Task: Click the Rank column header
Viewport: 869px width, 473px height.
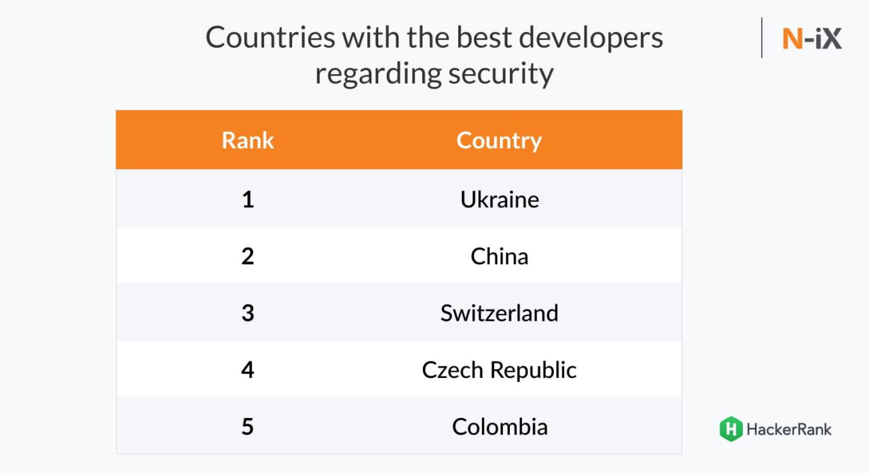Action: coord(248,140)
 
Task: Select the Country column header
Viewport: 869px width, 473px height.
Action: coord(499,140)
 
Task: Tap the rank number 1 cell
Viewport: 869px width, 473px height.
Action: coord(248,199)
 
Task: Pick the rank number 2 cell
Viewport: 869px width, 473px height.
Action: coord(248,256)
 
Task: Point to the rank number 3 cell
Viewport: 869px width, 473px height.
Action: coord(248,313)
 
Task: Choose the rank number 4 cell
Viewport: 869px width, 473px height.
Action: coord(248,370)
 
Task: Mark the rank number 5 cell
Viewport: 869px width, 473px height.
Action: coord(248,427)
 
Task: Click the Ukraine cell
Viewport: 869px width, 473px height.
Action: coord(499,199)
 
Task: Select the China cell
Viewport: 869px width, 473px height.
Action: coord(499,256)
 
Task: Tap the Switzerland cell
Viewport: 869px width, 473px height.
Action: coord(499,313)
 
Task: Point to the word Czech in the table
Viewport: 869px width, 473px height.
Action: coord(452,370)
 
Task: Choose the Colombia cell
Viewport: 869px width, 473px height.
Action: coord(499,427)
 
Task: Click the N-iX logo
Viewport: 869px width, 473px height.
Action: coord(811,39)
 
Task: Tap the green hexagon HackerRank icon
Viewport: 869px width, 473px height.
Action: coord(731,429)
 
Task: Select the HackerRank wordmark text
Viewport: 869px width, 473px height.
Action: coord(788,429)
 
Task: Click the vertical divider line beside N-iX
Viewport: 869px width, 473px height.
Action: coord(762,38)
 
